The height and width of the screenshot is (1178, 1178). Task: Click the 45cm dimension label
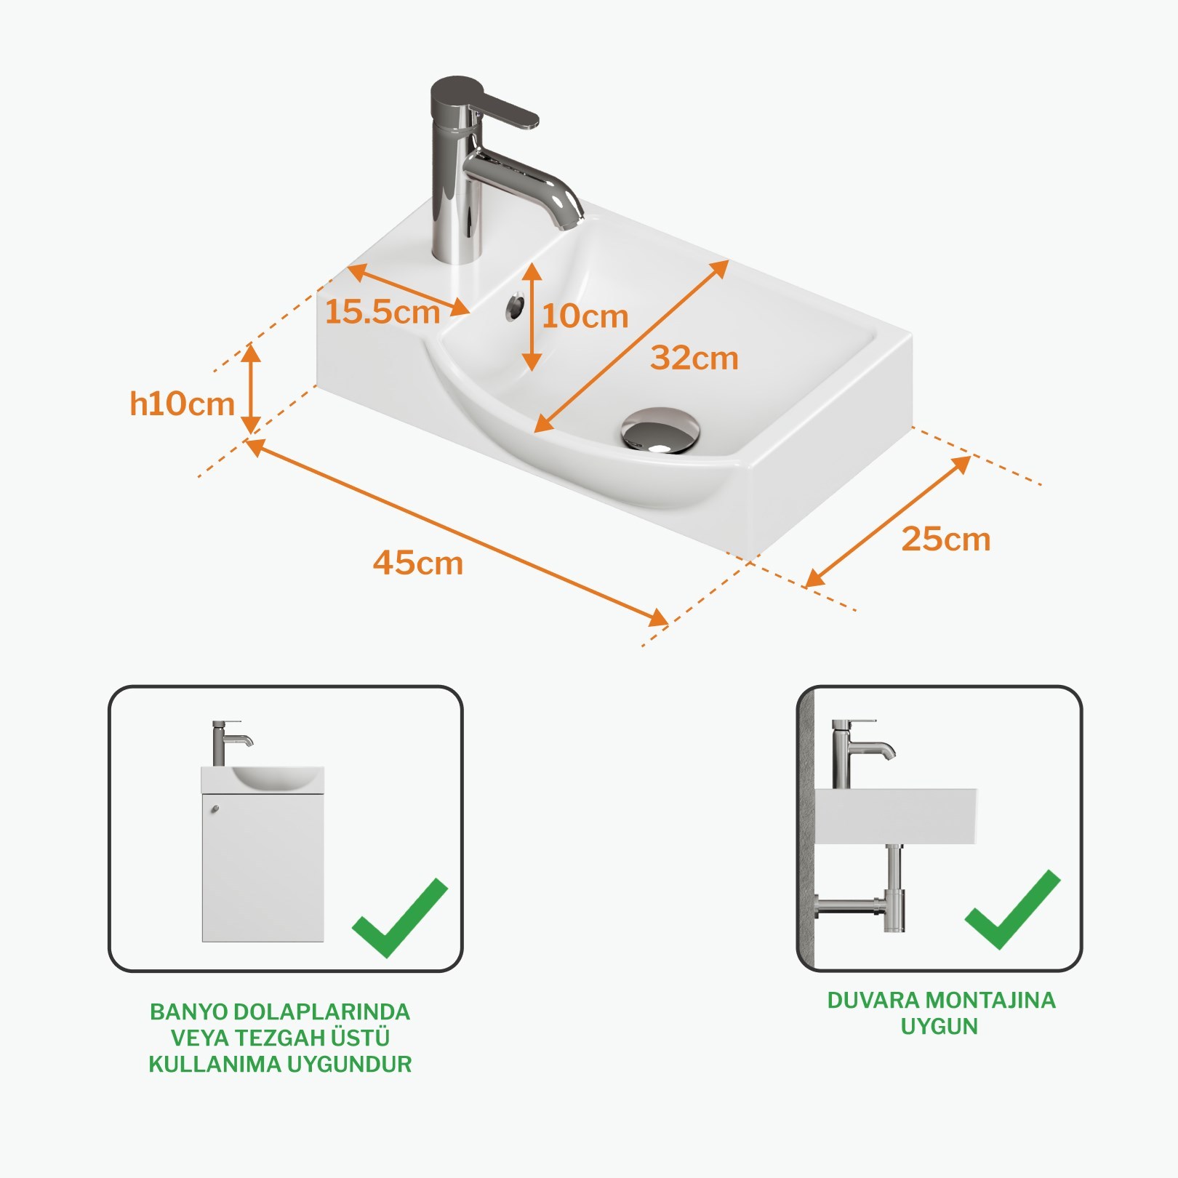pyautogui.click(x=418, y=563)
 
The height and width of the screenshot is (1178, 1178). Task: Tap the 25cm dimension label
pyautogui.click(x=946, y=539)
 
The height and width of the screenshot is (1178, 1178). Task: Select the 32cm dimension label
pyautogui.click(x=694, y=358)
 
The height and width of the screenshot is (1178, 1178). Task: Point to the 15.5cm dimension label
pyautogui.click(x=382, y=312)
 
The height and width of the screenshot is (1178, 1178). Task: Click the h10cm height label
pyautogui.click(x=182, y=404)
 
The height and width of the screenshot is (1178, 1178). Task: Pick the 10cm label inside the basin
pyautogui.click(x=585, y=316)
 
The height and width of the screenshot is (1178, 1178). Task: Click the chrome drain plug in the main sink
pyautogui.click(x=660, y=430)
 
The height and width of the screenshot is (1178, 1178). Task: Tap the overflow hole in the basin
pyautogui.click(x=516, y=306)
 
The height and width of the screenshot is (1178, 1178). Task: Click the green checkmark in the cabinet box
pyautogui.click(x=399, y=918)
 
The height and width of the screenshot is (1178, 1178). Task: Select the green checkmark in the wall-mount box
pyautogui.click(x=1013, y=910)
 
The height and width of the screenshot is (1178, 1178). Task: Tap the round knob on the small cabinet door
pyautogui.click(x=215, y=809)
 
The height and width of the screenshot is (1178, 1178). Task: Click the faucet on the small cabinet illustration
pyautogui.click(x=230, y=742)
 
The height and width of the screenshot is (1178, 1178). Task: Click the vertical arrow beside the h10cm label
pyautogui.click(x=251, y=389)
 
